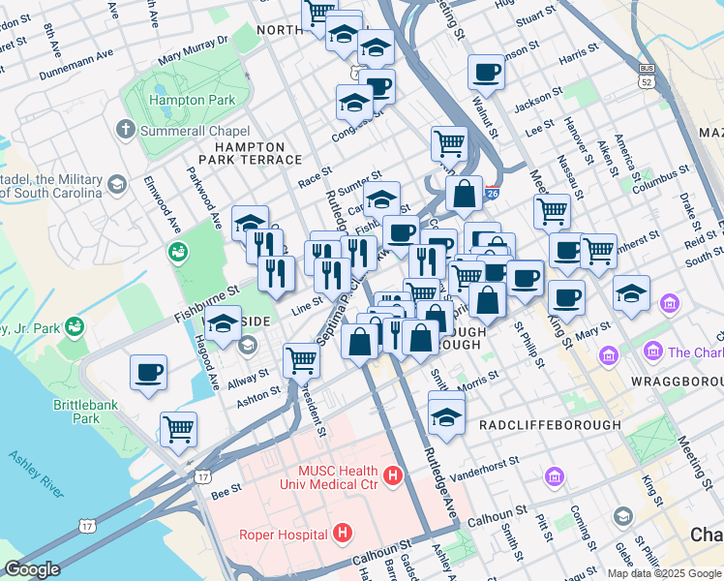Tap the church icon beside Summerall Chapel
tap(125, 129)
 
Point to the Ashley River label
tap(36, 474)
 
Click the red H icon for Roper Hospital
tap(341, 532)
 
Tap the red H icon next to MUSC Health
tap(392, 475)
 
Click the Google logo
tap(32, 569)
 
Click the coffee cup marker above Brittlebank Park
tap(148, 373)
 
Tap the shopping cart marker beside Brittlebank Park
tap(178, 428)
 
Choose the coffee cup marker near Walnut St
tap(485, 72)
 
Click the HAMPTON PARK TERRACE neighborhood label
tap(242, 154)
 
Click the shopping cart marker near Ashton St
tap(301, 360)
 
